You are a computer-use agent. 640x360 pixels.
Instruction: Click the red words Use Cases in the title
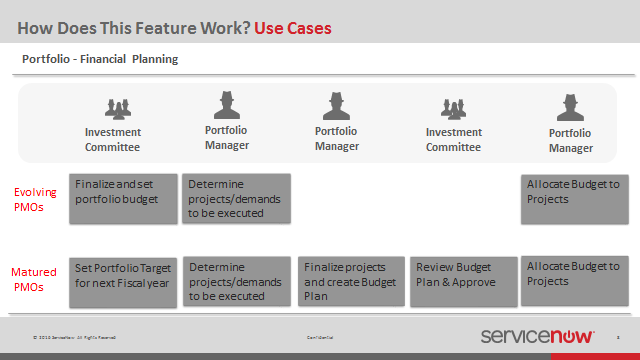(x=292, y=27)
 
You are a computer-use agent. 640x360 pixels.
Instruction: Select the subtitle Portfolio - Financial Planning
(x=100, y=59)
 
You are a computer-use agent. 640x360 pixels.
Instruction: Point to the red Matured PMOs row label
(x=34, y=279)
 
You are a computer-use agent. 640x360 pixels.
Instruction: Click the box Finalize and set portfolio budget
(x=123, y=198)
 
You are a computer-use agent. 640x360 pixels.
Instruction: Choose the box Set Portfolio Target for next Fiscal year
(x=123, y=281)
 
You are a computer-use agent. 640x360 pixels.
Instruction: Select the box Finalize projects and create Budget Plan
(x=351, y=281)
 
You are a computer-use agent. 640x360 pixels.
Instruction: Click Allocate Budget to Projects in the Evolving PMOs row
(x=573, y=198)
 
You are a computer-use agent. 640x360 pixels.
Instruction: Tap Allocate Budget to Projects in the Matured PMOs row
(x=573, y=281)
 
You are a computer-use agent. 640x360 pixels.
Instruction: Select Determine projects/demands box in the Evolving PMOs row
(x=236, y=198)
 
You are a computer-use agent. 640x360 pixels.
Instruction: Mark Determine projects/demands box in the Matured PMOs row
(x=236, y=281)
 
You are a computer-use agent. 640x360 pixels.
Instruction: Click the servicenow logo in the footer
(x=537, y=337)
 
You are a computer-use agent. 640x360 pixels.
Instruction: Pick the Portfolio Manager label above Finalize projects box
(x=337, y=138)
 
